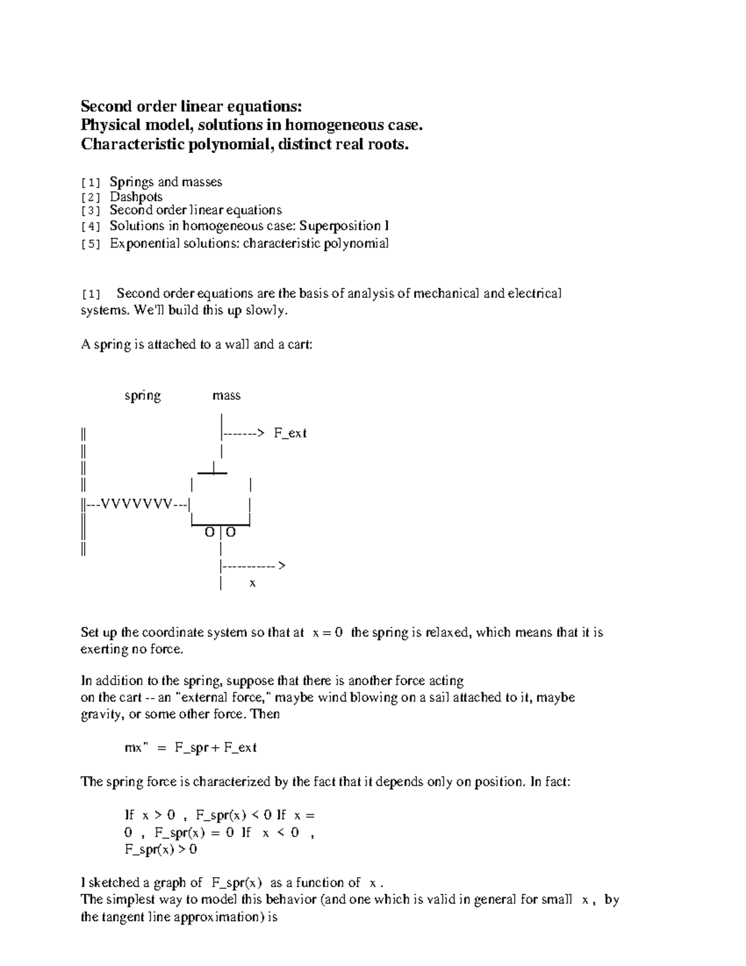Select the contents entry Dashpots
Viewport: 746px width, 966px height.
pos(136,197)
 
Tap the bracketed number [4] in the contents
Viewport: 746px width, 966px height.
pos(91,226)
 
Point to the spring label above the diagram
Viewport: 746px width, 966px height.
pos(142,396)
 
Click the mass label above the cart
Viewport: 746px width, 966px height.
pos(226,396)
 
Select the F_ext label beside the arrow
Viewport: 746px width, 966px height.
pos(290,434)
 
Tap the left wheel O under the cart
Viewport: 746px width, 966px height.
pos(210,532)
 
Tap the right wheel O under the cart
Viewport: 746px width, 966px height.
pos(230,532)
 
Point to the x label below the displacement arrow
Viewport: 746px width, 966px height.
pos(252,583)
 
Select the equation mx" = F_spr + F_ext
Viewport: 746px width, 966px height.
pos(191,748)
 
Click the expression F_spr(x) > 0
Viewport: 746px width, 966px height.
pos(161,850)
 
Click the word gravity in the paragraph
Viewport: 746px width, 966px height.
pos(101,714)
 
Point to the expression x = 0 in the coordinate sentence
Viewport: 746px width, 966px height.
pos(328,633)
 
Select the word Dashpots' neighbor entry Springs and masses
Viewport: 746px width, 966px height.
pos(165,182)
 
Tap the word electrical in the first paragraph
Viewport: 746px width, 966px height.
pos(535,293)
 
